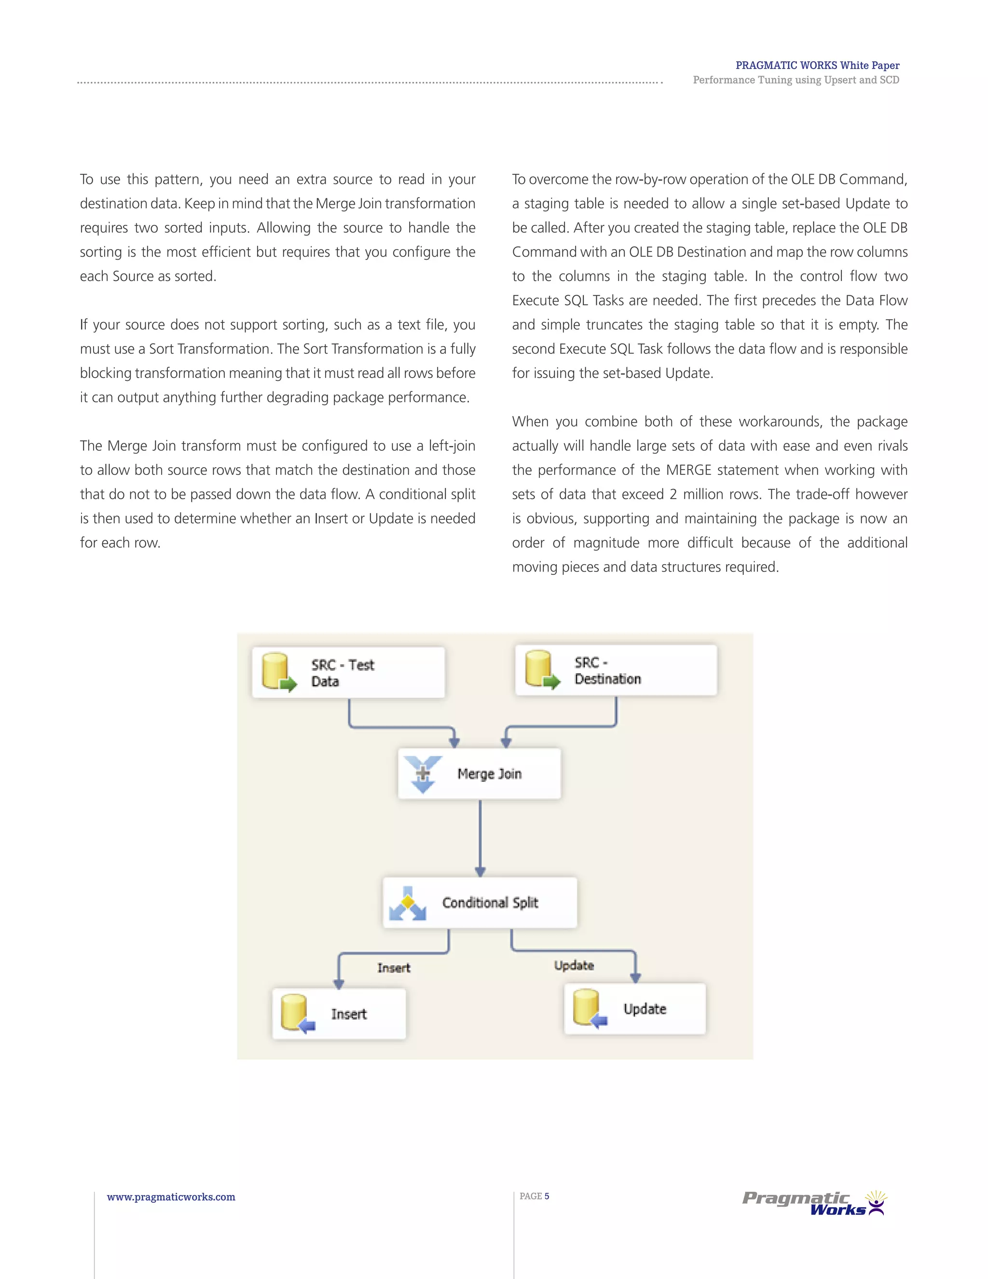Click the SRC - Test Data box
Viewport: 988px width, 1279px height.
tap(348, 672)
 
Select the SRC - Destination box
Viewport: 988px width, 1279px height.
tap(616, 670)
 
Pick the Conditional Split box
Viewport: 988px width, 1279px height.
tap(480, 903)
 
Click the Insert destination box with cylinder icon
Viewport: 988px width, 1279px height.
tap(339, 1014)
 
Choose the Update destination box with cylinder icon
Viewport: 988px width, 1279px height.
tap(635, 1008)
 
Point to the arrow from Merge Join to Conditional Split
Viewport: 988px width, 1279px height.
tap(480, 837)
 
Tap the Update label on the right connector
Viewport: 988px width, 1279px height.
tap(574, 965)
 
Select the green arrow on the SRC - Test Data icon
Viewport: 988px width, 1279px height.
tap(288, 684)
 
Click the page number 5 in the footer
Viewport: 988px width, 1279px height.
tap(547, 1196)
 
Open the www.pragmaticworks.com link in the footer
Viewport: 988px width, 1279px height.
tap(171, 1197)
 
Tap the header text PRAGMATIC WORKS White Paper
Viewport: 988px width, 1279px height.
tap(817, 66)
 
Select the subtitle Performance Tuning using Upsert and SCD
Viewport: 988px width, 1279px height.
tap(796, 80)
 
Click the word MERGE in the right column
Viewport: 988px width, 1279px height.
tap(688, 470)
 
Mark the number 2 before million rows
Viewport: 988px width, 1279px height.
tap(673, 494)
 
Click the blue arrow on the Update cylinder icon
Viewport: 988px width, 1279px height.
tap(600, 1021)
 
